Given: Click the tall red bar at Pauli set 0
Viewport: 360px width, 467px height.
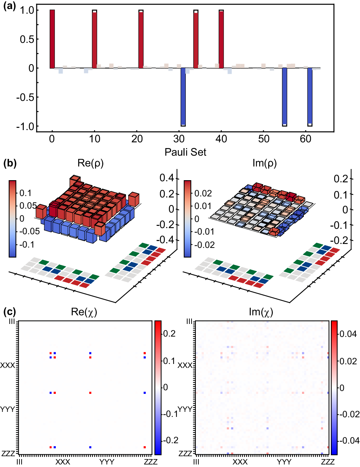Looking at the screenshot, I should [52, 39].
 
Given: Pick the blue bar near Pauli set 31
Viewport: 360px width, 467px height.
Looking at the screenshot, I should [183, 96].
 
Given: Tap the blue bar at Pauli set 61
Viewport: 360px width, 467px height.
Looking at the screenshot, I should [310, 96].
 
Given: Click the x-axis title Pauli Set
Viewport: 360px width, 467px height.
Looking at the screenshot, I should [185, 152].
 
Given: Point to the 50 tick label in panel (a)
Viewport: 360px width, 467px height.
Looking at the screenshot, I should [264, 139].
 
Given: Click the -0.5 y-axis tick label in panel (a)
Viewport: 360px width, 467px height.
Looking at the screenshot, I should [25, 97].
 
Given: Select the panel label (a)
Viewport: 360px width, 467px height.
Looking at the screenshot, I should [10, 6].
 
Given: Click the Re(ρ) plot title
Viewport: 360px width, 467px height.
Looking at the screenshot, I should [90, 163].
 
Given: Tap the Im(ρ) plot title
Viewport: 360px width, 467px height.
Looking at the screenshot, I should [265, 163].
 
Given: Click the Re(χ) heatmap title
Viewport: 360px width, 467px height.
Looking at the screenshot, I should [84, 312].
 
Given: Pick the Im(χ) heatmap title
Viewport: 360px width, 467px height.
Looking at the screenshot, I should [261, 312].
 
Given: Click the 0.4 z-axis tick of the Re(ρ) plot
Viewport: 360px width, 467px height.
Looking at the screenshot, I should [167, 178].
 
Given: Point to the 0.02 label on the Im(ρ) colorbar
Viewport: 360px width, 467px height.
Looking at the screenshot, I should [203, 194].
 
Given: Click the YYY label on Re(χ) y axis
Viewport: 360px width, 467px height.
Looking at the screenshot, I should [8, 409].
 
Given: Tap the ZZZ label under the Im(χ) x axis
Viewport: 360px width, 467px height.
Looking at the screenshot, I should [328, 462].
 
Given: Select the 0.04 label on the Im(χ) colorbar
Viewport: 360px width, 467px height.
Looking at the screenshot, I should [348, 334].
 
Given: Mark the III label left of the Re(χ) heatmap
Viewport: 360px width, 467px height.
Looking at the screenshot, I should [12, 321].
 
